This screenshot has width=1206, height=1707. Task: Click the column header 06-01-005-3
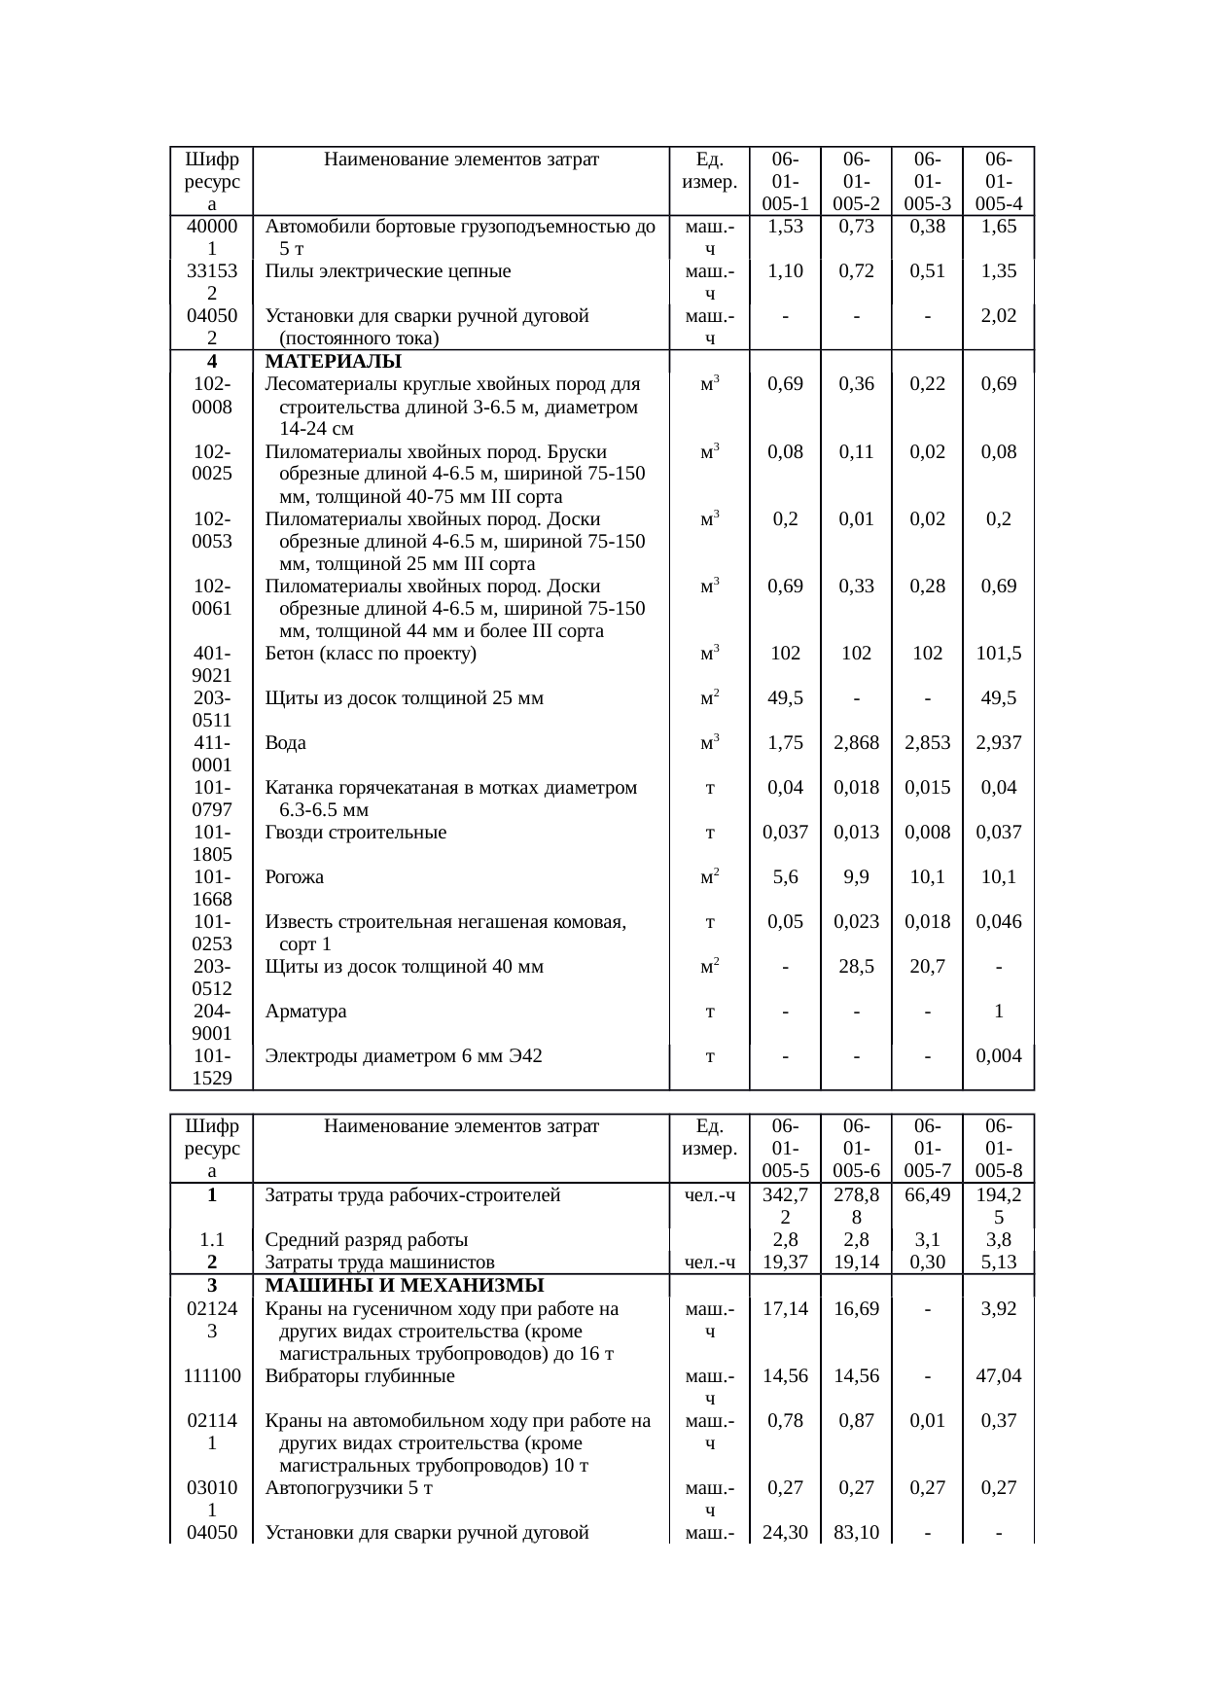point(927,181)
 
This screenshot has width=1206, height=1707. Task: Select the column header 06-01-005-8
point(998,1149)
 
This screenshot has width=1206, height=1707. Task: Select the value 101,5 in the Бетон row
point(998,653)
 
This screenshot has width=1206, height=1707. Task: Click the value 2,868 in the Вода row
point(856,742)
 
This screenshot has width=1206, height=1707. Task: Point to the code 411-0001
point(212,753)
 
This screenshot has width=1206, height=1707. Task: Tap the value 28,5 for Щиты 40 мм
point(856,966)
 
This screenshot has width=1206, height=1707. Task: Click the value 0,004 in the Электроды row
point(998,1055)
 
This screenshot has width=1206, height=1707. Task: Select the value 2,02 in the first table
point(998,316)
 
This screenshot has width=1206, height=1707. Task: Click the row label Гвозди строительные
point(356,832)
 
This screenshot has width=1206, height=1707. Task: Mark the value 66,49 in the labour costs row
point(927,1194)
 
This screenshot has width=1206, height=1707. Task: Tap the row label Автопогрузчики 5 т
point(349,1487)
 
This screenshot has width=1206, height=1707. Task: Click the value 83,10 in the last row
point(856,1533)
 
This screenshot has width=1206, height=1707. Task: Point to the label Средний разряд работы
point(367,1239)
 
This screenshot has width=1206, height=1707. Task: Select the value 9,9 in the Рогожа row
point(856,876)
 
